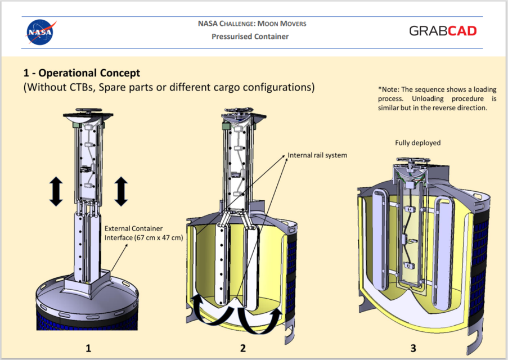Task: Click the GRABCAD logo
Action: click(443, 31)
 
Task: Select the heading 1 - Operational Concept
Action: click(82, 73)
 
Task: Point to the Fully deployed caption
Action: click(418, 143)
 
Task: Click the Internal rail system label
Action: click(317, 155)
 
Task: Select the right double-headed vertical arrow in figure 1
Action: click(122, 191)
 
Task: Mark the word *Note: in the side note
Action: click(388, 89)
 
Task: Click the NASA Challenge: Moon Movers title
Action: click(252, 24)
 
